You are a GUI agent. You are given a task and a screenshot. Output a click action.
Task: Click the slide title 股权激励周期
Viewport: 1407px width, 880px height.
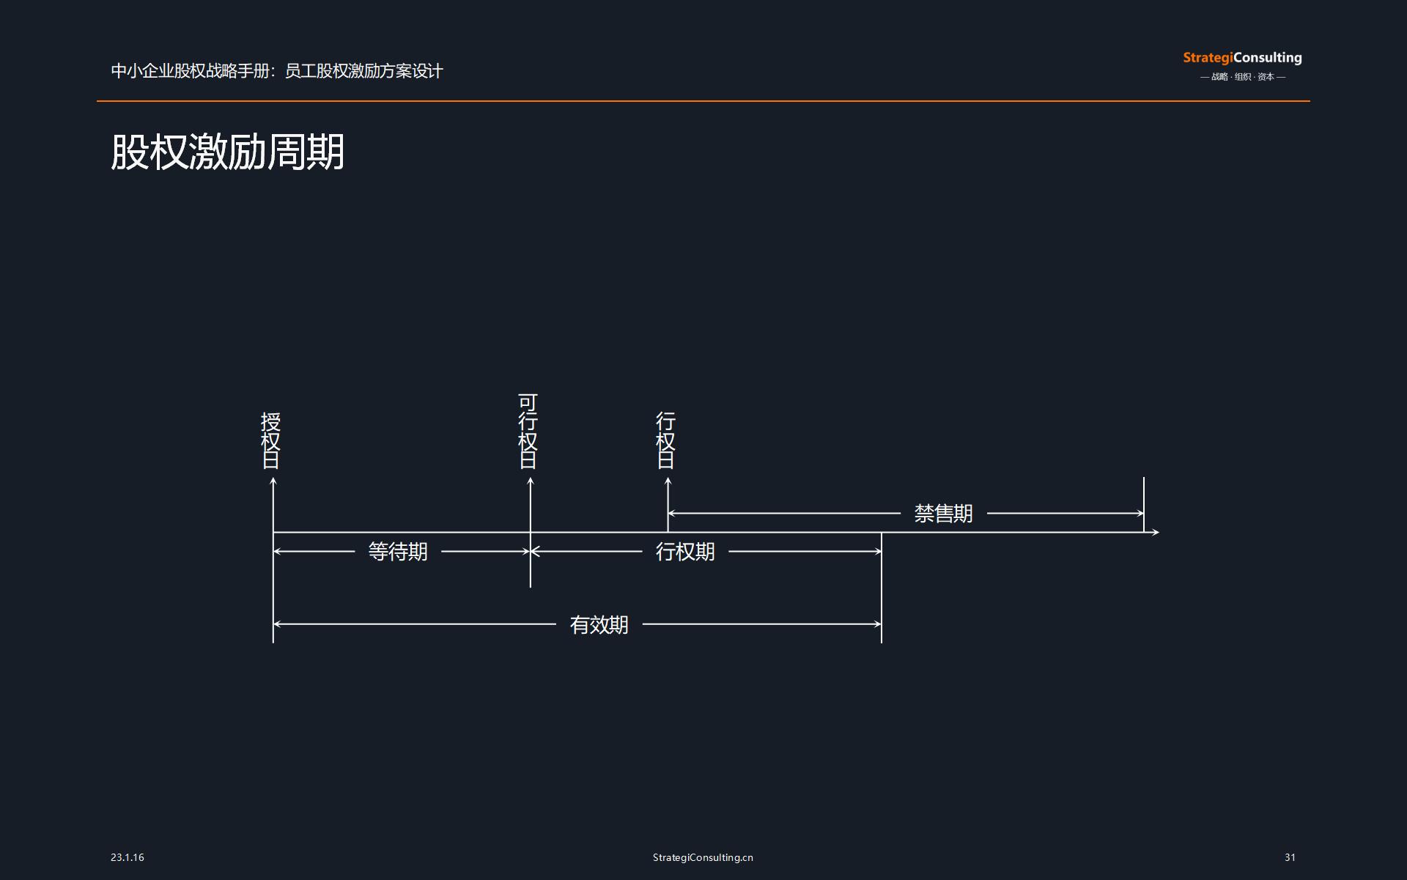coord(227,152)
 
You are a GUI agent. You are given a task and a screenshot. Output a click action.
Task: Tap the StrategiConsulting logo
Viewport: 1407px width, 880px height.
coord(1242,58)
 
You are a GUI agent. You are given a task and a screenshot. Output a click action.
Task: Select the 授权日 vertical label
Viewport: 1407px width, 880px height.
coord(271,440)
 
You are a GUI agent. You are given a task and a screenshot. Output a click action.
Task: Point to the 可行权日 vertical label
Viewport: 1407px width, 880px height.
coord(528,431)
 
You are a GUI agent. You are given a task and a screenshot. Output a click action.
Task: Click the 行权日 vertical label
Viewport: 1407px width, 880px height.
coord(665,440)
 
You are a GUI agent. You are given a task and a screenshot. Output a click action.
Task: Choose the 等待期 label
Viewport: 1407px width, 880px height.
coord(398,552)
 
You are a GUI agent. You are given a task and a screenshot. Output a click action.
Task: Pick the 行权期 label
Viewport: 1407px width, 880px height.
coord(685,552)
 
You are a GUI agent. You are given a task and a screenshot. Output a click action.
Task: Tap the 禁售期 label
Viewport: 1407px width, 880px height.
coord(943,514)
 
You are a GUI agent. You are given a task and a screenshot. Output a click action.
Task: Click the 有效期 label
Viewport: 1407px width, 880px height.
coord(599,625)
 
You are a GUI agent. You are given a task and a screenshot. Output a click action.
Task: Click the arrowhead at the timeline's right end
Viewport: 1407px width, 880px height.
coord(1156,532)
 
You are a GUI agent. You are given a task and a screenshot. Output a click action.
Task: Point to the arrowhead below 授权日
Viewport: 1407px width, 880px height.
coord(273,481)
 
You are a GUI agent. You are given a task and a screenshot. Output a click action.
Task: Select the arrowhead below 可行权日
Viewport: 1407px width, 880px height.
coord(531,481)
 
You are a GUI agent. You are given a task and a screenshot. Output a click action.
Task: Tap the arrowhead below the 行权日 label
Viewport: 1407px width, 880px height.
coord(668,481)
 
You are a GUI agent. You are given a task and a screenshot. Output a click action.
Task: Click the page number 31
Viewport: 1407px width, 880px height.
coord(1290,857)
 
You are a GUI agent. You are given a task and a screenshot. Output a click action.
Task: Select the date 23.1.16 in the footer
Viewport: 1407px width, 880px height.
coord(128,857)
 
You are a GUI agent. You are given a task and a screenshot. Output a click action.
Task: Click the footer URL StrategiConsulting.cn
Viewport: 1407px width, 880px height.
coord(703,857)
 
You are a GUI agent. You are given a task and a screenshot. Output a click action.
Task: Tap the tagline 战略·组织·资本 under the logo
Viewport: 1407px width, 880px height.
coord(1243,77)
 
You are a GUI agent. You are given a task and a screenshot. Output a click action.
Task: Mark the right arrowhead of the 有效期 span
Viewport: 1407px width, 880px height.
coord(877,624)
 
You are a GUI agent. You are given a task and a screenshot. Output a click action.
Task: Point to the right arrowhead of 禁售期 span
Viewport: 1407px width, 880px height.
coord(1140,514)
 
